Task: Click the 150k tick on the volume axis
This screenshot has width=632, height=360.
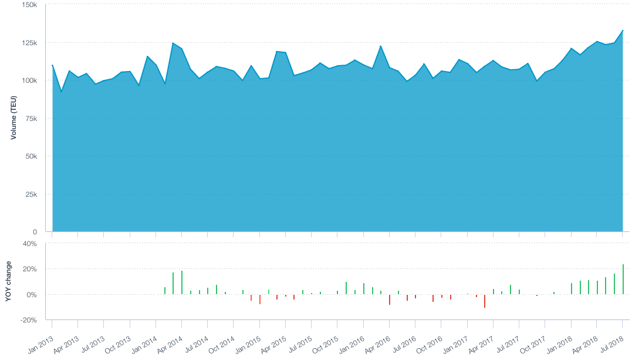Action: tap(30, 5)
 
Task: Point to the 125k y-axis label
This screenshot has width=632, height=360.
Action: tap(30, 43)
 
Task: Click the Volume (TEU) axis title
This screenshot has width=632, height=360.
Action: tap(13, 118)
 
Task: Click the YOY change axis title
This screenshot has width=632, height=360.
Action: tap(8, 281)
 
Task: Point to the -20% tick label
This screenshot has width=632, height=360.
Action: tap(29, 320)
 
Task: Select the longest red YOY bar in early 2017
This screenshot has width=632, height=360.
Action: tap(485, 301)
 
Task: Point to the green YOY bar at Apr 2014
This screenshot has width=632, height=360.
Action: tap(182, 282)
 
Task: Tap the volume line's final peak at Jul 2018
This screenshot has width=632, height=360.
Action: tap(623, 31)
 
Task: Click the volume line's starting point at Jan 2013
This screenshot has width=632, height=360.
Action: tap(52, 65)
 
